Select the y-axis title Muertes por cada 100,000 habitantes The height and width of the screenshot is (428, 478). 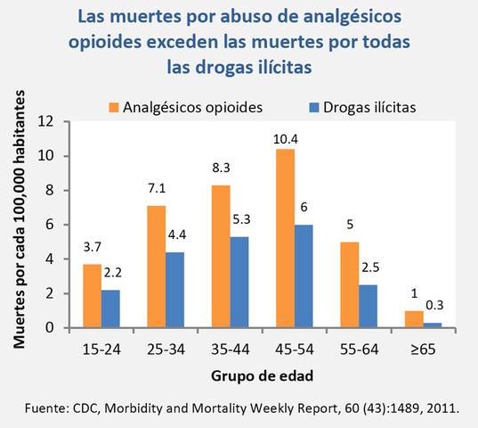pos(20,223)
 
